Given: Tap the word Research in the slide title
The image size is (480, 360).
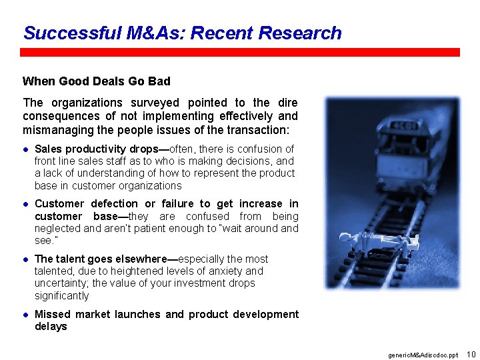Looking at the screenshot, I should click(299, 33).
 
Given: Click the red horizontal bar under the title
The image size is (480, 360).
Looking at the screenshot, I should click(240, 52).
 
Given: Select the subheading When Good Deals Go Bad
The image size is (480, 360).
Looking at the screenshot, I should click(96, 81).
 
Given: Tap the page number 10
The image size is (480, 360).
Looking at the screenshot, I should click(471, 354).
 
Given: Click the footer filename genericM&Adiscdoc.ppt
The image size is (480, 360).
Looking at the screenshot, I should click(423, 355).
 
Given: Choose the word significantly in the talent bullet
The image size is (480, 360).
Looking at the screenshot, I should click(61, 296).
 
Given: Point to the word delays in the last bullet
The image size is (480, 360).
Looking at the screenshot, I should click(51, 327).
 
